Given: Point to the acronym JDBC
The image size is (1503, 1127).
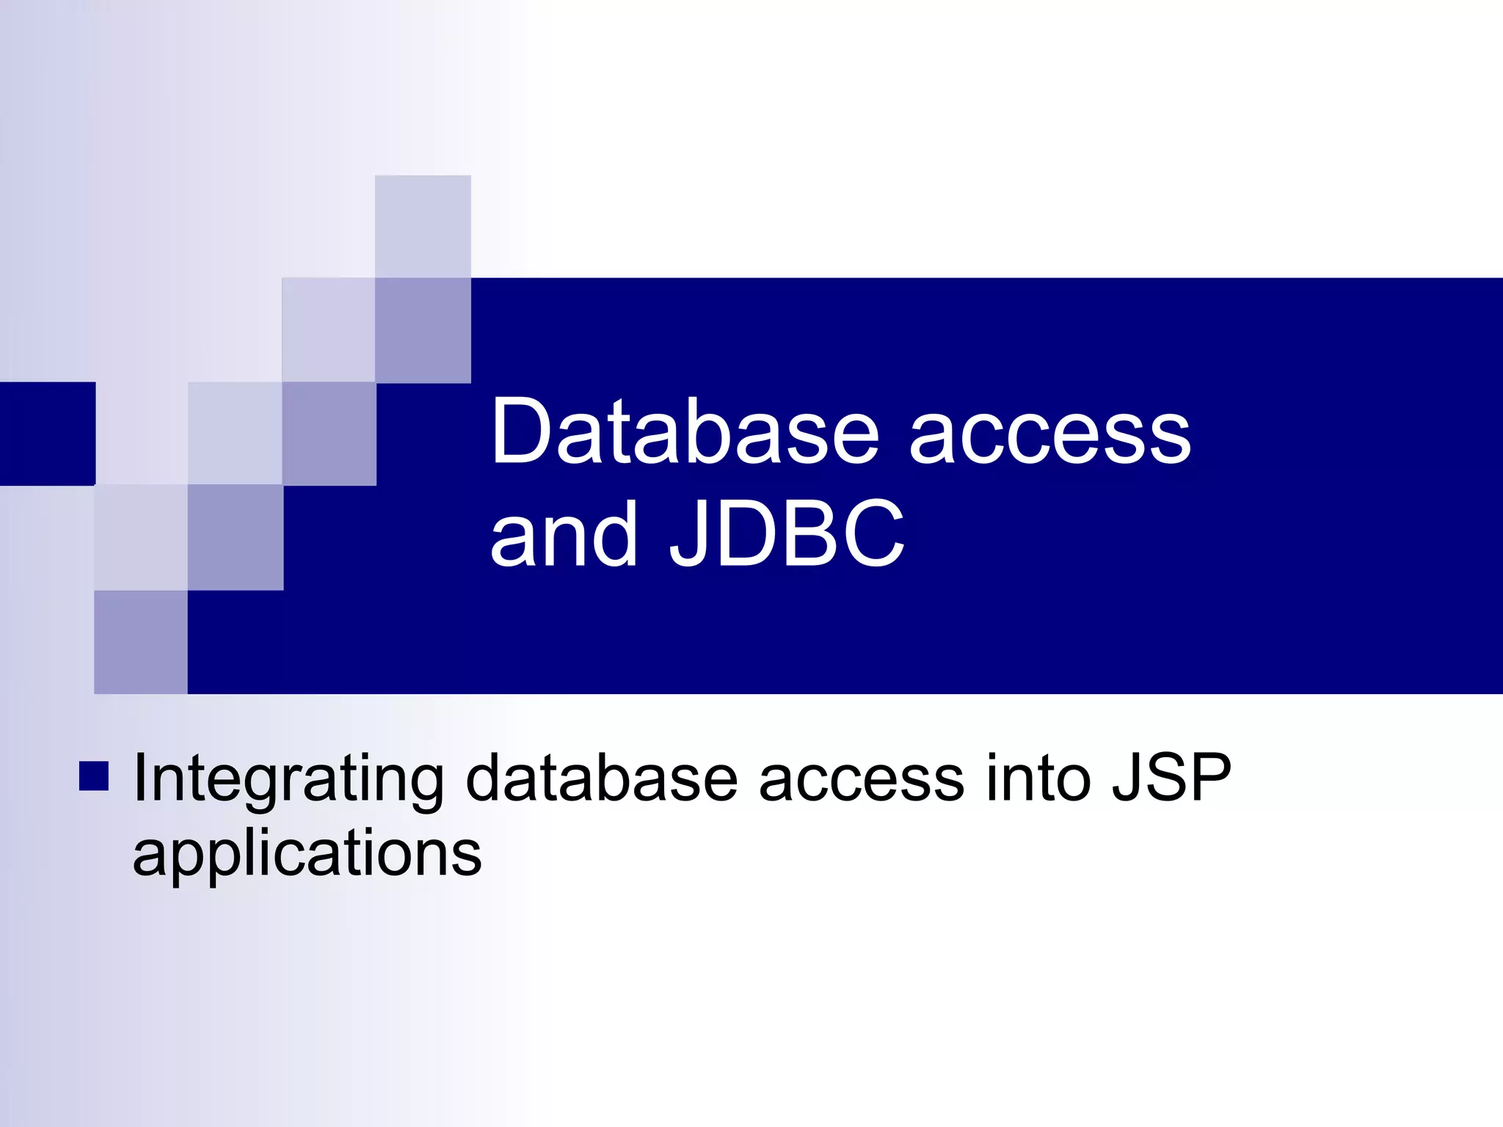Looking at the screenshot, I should (x=787, y=534).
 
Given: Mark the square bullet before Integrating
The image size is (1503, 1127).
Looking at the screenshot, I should (x=94, y=776).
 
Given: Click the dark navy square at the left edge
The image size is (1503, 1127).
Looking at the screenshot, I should (x=47, y=433).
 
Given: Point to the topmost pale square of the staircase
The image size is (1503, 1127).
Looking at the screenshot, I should (x=423, y=226).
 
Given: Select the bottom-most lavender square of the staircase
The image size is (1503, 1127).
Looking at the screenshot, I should (x=141, y=642).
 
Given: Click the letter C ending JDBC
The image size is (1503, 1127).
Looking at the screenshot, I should (x=869, y=534).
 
